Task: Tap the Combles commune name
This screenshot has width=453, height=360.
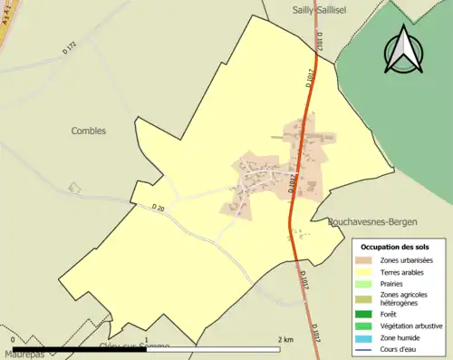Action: (89, 131)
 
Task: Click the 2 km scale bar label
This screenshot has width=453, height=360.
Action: (286, 339)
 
